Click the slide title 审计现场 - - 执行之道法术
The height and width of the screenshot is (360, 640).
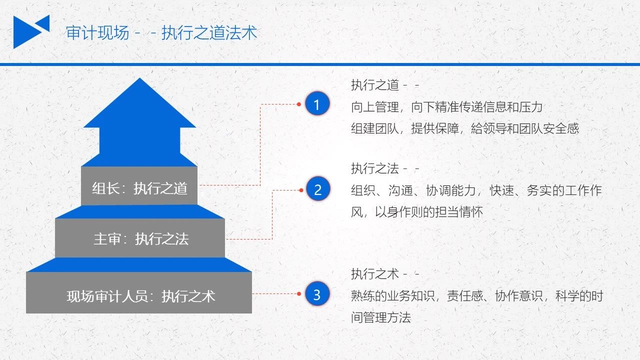[161, 32]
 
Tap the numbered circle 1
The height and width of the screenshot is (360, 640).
[317, 103]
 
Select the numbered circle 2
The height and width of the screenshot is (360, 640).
[317, 189]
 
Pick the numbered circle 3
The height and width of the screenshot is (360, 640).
[317, 293]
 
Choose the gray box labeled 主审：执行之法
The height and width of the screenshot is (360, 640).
[140, 238]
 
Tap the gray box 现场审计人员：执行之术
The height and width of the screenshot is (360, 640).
[139, 292]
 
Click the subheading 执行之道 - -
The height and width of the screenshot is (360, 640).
[385, 85]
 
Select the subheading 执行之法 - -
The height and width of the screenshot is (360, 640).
[385, 168]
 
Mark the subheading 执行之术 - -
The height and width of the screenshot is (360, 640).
[385, 274]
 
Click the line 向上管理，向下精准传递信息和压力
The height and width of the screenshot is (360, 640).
[446, 107]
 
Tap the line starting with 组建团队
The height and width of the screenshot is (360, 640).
[465, 128]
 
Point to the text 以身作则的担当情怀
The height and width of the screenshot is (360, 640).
[429, 212]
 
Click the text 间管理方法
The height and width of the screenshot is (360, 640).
[381, 317]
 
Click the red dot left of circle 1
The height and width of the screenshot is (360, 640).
[299, 104]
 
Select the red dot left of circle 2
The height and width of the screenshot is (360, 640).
[301, 190]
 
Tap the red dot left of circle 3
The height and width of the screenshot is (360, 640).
[299, 293]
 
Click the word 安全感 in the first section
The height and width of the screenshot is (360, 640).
[561, 128]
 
